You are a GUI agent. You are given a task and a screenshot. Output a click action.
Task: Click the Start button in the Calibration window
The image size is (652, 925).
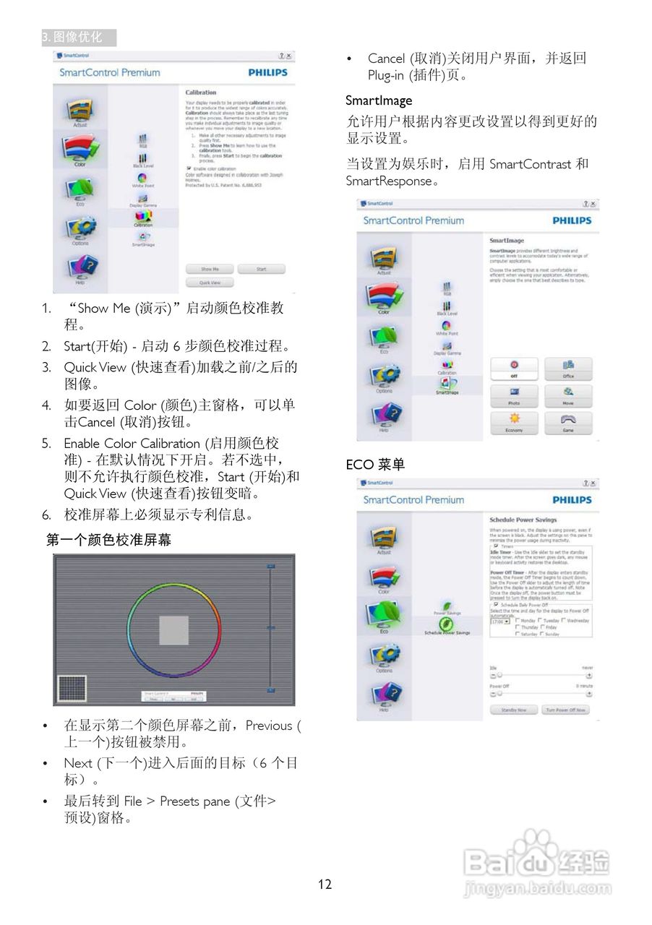pos(261,269)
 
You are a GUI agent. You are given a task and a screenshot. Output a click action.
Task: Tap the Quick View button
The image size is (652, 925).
pos(210,283)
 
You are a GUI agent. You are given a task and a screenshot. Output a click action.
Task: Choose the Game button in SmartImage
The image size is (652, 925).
pos(567,423)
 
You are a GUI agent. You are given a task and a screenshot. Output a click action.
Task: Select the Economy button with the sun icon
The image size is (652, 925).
pos(514,423)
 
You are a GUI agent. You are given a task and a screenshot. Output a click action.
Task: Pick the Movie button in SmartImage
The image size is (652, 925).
pos(567,395)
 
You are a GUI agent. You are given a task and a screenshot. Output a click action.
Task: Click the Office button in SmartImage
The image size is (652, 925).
pos(567,369)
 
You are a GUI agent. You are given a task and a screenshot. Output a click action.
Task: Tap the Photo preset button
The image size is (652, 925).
pos(514,395)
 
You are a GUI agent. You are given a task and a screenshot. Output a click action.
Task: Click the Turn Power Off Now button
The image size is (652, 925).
pos(565,710)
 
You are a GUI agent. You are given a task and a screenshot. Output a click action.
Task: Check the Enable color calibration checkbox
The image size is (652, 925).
pos(188,168)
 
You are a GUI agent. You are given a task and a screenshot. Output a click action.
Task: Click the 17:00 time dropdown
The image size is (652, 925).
pos(500,621)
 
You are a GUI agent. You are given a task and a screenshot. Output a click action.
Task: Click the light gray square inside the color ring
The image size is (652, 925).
pos(173,629)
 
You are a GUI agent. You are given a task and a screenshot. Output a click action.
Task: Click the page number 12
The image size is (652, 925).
pos(325,884)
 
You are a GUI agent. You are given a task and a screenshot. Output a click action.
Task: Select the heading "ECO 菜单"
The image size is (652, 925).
pos(375,465)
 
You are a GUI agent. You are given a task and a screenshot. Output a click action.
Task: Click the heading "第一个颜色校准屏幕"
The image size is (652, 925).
pos(108,540)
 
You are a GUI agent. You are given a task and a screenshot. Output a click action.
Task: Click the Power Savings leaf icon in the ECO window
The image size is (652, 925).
pos(447,606)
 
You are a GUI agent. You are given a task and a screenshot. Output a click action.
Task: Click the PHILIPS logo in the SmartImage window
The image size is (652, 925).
pos(572,220)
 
